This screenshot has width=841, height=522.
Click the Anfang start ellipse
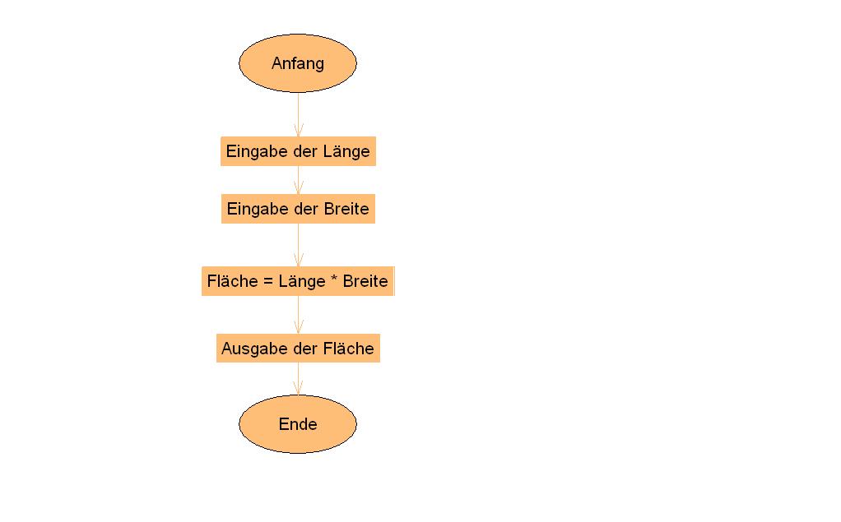click(x=298, y=63)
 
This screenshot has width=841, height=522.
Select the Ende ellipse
click(x=298, y=424)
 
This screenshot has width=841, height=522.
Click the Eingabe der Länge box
click(x=298, y=151)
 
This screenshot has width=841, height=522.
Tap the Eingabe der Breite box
click(x=298, y=209)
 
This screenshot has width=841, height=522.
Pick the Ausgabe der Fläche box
click(x=298, y=349)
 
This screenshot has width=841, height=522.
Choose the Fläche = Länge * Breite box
click(x=298, y=281)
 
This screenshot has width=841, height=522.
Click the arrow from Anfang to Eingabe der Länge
click(x=299, y=115)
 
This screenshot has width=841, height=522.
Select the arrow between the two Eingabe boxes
click(x=299, y=180)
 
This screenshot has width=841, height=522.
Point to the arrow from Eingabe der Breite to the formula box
click(x=299, y=245)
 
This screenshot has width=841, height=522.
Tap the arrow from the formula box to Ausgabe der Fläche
click(x=299, y=315)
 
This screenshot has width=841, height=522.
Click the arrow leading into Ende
click(x=299, y=379)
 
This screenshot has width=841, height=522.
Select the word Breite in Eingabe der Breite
click(x=346, y=209)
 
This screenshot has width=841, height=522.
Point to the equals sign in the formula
click(x=269, y=281)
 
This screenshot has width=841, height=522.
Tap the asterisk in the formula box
click(x=334, y=278)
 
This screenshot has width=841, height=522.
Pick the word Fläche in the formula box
click(x=233, y=281)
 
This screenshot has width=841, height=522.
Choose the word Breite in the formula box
click(x=365, y=281)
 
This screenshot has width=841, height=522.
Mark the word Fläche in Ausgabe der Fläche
click(x=349, y=349)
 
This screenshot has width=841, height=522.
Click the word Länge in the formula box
click(x=303, y=282)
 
